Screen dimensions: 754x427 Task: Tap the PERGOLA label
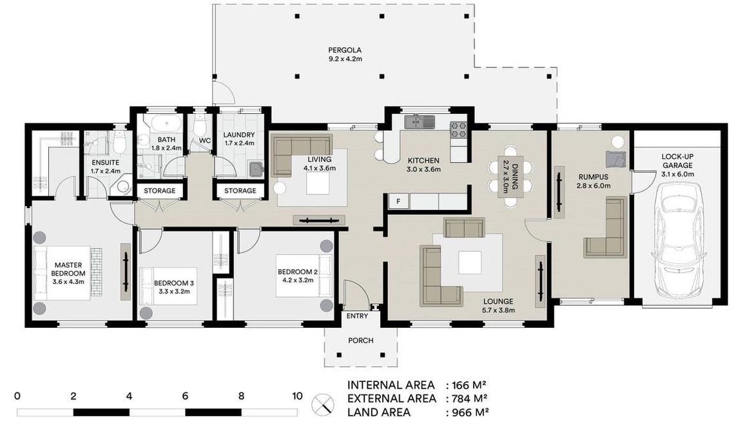coord(345,50)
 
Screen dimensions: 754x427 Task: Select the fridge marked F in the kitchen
coord(398,202)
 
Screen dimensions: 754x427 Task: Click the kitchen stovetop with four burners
coord(458,129)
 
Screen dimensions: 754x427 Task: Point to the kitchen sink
coord(420,122)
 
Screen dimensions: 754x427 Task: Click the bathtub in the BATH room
coord(166,124)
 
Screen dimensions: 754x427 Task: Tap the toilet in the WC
coord(199,127)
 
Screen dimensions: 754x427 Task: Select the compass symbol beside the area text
coord(323,405)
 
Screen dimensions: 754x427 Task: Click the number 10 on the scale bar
coord(297,396)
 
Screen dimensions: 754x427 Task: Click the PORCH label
coord(361,341)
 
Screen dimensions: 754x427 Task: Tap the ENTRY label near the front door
coord(357,316)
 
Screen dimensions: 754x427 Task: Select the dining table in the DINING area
coord(511,176)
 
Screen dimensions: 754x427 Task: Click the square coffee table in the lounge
coord(469,263)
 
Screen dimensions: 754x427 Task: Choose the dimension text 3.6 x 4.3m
coord(68,282)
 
